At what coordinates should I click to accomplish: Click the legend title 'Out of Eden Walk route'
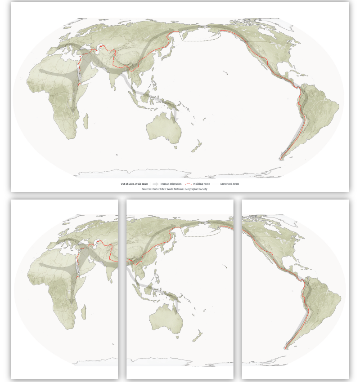click(x=134, y=184)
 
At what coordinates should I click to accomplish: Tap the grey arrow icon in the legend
click(x=155, y=184)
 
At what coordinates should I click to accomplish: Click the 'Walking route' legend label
click(x=201, y=184)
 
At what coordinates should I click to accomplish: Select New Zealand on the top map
click(x=196, y=146)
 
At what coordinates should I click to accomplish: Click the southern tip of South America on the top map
click(x=282, y=158)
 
